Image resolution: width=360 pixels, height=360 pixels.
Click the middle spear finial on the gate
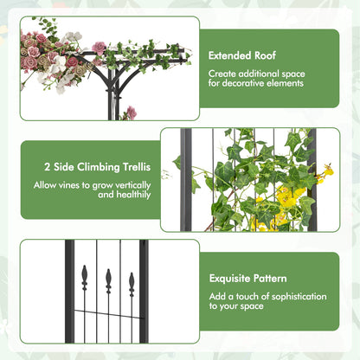pos(108,280)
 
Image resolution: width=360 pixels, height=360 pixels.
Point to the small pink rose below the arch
pos(132,112)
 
